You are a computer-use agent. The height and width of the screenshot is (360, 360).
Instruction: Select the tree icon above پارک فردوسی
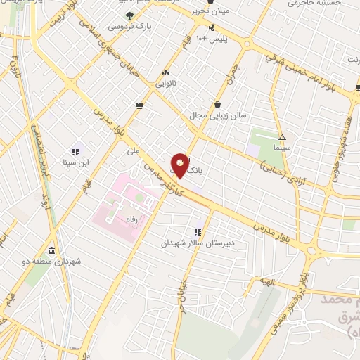pos(128,15)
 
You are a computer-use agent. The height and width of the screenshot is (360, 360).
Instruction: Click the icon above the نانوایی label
pos(166,72)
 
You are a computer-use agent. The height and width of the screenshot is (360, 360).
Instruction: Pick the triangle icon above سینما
pos(282,138)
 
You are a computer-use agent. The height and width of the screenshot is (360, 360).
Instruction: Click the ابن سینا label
pos(75,162)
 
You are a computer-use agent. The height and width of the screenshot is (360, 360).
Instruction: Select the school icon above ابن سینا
pos(75,151)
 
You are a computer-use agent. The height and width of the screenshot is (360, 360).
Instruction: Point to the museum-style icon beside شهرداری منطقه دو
pos(51,251)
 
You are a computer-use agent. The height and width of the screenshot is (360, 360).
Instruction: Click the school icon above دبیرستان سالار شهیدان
pos(198,232)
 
